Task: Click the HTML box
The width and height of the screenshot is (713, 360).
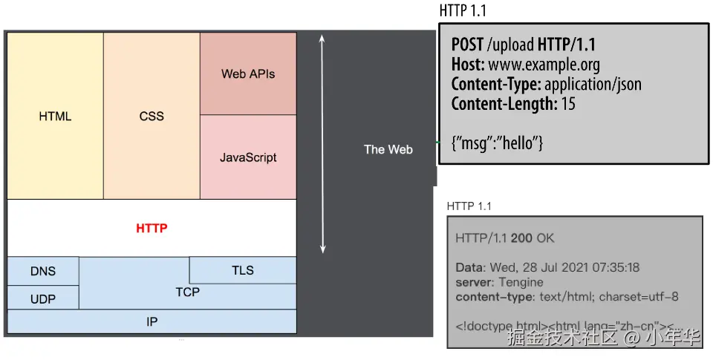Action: pos(55,117)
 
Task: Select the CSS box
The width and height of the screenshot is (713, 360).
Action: pos(152,117)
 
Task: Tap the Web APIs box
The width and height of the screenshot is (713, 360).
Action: pos(248,74)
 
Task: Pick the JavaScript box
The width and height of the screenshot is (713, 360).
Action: pos(248,157)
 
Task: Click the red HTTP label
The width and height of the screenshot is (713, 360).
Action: pos(152,228)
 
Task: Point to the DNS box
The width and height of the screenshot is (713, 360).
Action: pos(43,271)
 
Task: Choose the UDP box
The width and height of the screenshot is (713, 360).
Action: pos(43,298)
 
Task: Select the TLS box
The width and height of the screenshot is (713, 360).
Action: pos(243,270)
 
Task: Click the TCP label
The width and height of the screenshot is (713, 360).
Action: pos(188,292)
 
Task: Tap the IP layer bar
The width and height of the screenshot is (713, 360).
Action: pos(152,321)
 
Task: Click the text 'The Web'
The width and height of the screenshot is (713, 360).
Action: pos(388,149)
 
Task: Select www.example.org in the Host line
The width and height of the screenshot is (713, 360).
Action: pos(544,65)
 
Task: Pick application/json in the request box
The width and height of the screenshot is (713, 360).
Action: pos(593,85)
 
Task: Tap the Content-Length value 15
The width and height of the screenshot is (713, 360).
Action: pos(568,104)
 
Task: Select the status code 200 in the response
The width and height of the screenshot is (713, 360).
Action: pos(521,238)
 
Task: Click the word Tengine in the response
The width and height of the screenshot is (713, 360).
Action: pos(521,282)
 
